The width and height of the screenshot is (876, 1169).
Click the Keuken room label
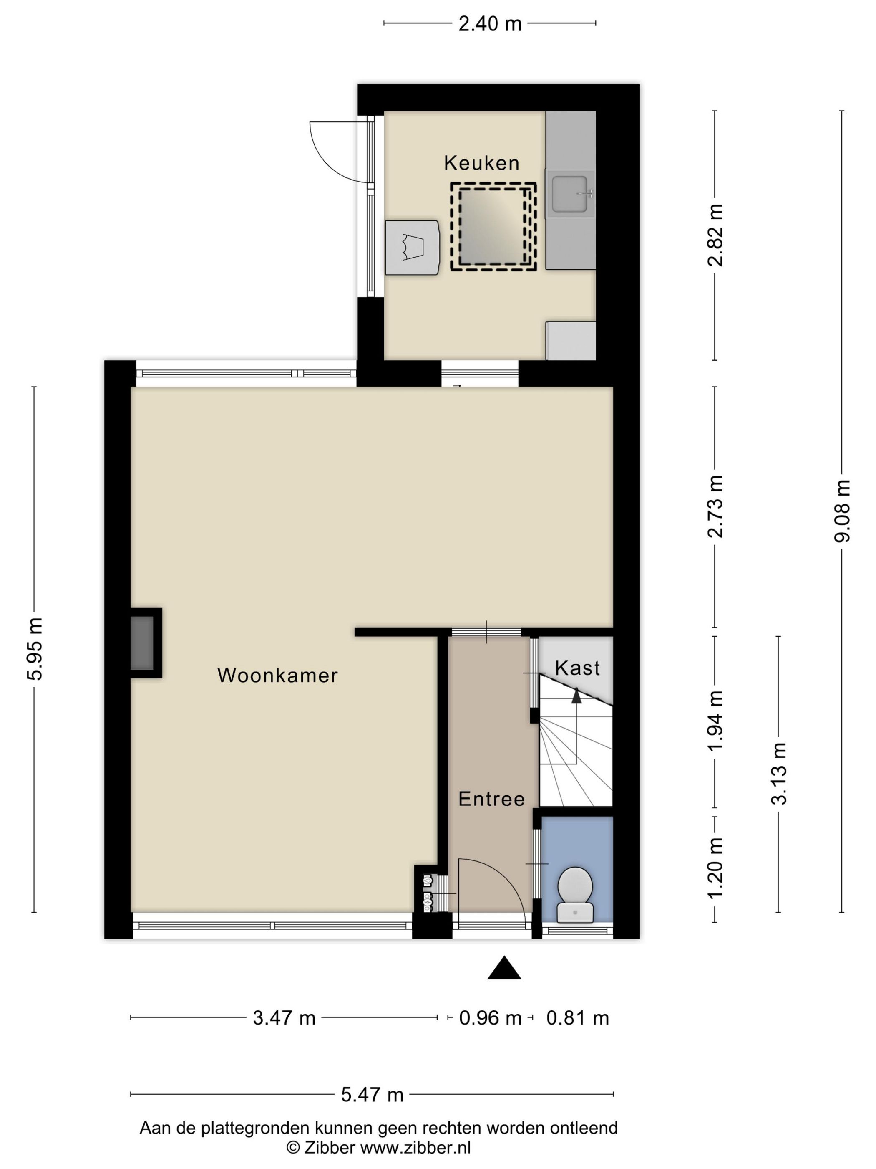[481, 163]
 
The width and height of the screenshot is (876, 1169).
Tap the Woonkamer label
[277, 676]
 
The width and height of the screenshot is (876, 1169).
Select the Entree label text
[491, 799]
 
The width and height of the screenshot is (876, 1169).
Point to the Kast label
[577, 668]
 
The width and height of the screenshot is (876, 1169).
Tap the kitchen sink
[570, 193]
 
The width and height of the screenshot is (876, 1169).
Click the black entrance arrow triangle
[504, 968]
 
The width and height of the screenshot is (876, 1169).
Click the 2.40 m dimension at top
[490, 24]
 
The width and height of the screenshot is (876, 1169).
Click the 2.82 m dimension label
[715, 235]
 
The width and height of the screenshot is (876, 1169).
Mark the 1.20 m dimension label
[715, 868]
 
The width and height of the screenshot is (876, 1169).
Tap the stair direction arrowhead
[576, 696]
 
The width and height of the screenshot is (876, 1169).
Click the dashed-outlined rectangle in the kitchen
[493, 227]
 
